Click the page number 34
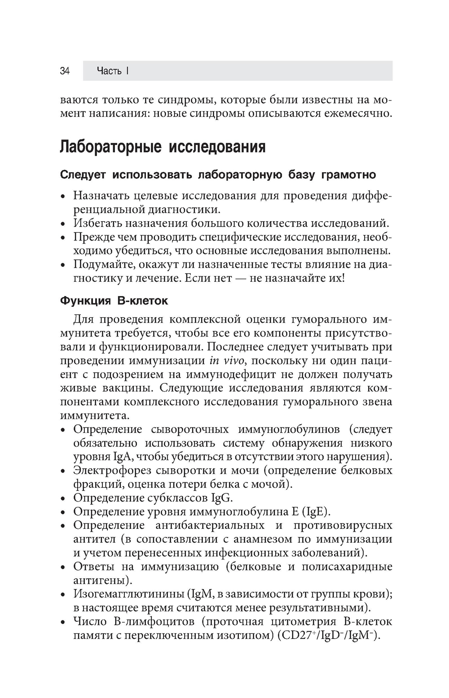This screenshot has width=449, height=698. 65,71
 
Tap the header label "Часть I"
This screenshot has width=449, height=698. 113,71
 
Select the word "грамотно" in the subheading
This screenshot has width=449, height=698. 348,174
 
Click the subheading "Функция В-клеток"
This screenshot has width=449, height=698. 114,301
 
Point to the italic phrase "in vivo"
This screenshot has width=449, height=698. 227,361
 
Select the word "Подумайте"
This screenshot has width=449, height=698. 100,264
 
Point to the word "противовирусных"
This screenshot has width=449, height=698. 343,525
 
